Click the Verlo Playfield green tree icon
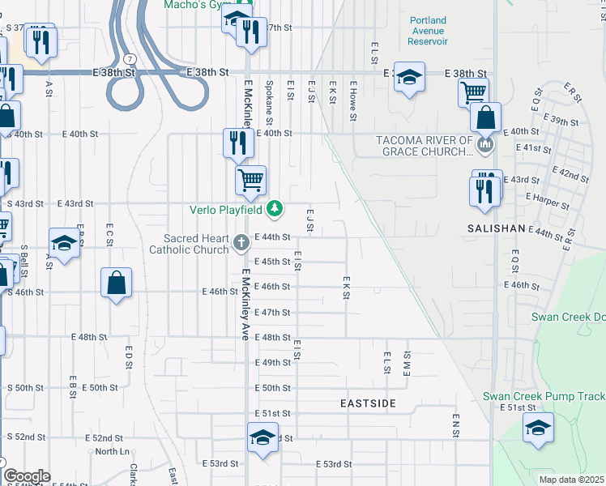point(275,210)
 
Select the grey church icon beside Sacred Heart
point(241,242)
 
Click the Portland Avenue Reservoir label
point(429,31)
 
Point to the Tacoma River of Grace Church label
point(424,146)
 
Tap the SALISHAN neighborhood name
point(497,229)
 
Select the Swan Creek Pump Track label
point(543,396)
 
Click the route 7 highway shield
point(130,58)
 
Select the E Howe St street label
point(353,100)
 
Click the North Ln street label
point(112,451)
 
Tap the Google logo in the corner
point(26,476)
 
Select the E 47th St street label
point(272,312)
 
